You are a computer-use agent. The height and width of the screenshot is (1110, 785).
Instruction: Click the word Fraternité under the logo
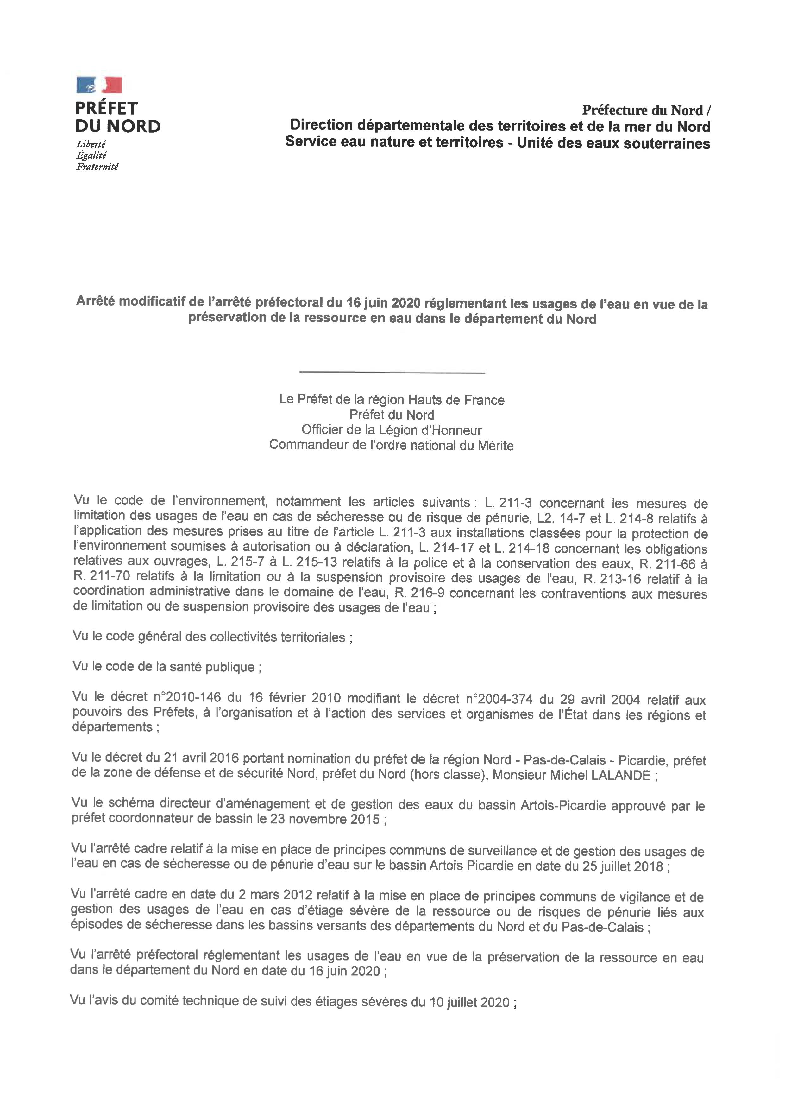[x=97, y=167]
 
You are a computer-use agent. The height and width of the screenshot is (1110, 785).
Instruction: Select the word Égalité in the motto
[x=91, y=155]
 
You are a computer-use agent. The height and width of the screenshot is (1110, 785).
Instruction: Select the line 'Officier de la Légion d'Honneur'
[x=392, y=430]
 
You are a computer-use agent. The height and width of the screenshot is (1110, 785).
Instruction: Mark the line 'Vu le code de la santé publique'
[x=167, y=667]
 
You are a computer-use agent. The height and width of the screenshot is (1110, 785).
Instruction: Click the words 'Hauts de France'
[x=456, y=400]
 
